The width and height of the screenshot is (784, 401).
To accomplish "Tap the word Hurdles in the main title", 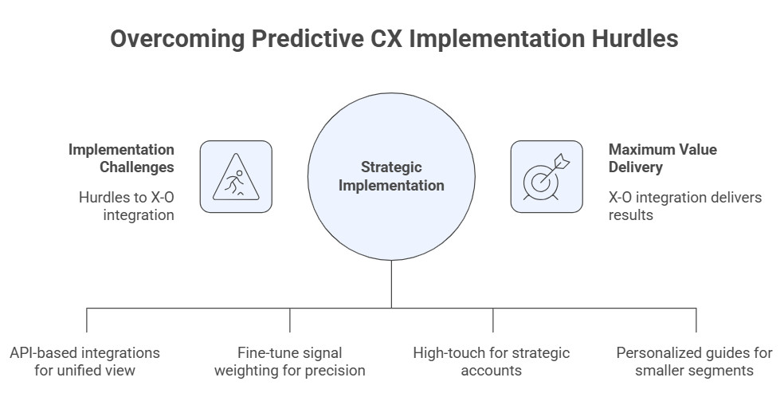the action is (635, 38).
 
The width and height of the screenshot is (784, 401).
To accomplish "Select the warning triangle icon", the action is (236, 176).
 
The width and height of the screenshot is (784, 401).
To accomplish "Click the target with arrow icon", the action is (547, 176).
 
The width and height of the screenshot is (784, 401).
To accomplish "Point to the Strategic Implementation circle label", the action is (391, 176).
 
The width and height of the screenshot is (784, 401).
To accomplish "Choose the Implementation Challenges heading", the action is (121, 158).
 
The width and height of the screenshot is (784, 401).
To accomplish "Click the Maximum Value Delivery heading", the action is (663, 158).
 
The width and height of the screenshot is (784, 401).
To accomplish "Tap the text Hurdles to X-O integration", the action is (127, 206).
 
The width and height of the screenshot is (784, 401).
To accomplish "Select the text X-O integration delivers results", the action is (685, 206).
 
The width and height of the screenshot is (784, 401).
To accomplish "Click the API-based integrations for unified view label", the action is (84, 361).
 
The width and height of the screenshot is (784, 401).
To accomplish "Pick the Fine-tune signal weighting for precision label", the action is (289, 361).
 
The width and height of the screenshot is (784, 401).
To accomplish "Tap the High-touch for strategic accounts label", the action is (492, 361).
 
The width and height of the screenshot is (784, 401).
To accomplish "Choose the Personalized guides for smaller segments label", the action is (695, 361).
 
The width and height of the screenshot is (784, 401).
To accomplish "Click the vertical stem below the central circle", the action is (391, 284).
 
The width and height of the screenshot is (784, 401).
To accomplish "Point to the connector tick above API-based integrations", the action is (87, 320).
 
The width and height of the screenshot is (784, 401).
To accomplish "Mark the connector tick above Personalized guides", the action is (696, 320).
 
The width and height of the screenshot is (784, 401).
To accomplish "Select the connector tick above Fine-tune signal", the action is (290, 320).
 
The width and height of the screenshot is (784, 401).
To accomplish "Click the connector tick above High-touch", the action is (493, 320).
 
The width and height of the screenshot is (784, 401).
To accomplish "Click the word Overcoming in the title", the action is (178, 38).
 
